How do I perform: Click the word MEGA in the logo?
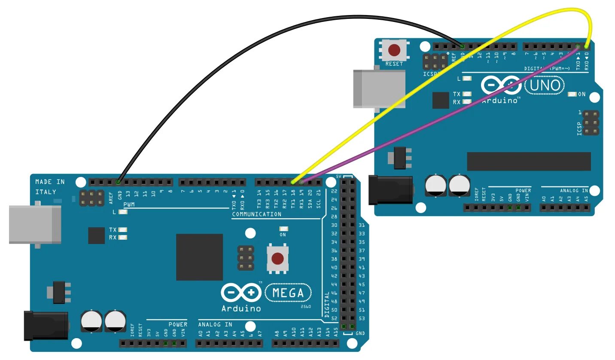click(x=288, y=293)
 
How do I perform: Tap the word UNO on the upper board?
click(x=545, y=85)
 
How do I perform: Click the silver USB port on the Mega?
click(x=34, y=224)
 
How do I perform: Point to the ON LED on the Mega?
click(x=283, y=229)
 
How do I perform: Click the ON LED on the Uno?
click(x=572, y=94)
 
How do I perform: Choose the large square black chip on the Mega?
click(x=199, y=257)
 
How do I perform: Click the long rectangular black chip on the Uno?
click(x=529, y=161)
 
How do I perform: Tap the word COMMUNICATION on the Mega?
click(x=257, y=214)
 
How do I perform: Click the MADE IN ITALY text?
click(x=50, y=186)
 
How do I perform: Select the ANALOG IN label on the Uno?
click(x=574, y=190)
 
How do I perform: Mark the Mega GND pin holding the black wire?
click(x=119, y=182)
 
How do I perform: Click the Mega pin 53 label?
click(x=361, y=318)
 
